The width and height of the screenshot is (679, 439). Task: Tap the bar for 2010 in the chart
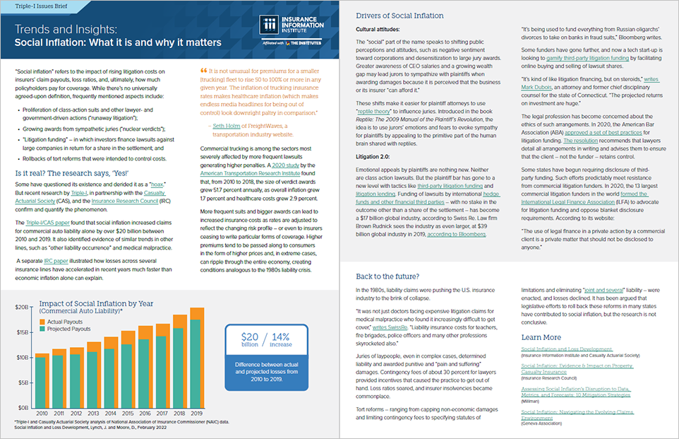pyautogui.click(x=41, y=380)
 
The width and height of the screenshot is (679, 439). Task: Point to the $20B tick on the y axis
pyautogui.click(x=21, y=308)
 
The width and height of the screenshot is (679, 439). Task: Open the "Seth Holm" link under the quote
pyautogui.click(x=228, y=127)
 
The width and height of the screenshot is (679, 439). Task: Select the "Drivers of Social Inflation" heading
pyautogui.click(x=399, y=16)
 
